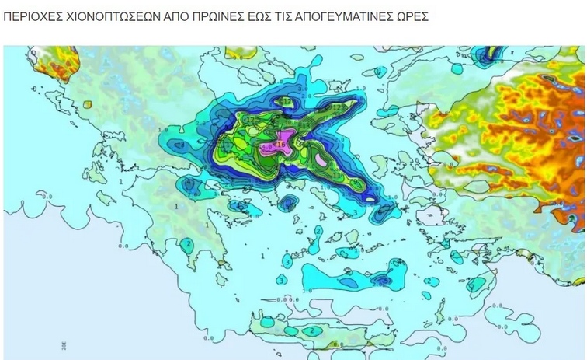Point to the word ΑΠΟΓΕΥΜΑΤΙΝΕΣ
click(339, 16)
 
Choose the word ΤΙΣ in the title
click(280, 16)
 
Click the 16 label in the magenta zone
click(280, 144)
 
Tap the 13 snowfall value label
click(337, 175)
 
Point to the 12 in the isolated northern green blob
click(287, 102)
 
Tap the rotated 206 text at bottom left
click(61, 344)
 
